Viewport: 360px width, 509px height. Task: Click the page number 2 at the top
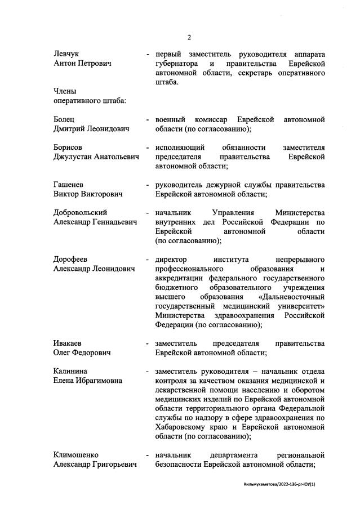pos(189,37)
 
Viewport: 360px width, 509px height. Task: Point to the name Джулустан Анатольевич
pos(96,157)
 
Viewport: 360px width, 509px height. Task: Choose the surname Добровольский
pos(81,213)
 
